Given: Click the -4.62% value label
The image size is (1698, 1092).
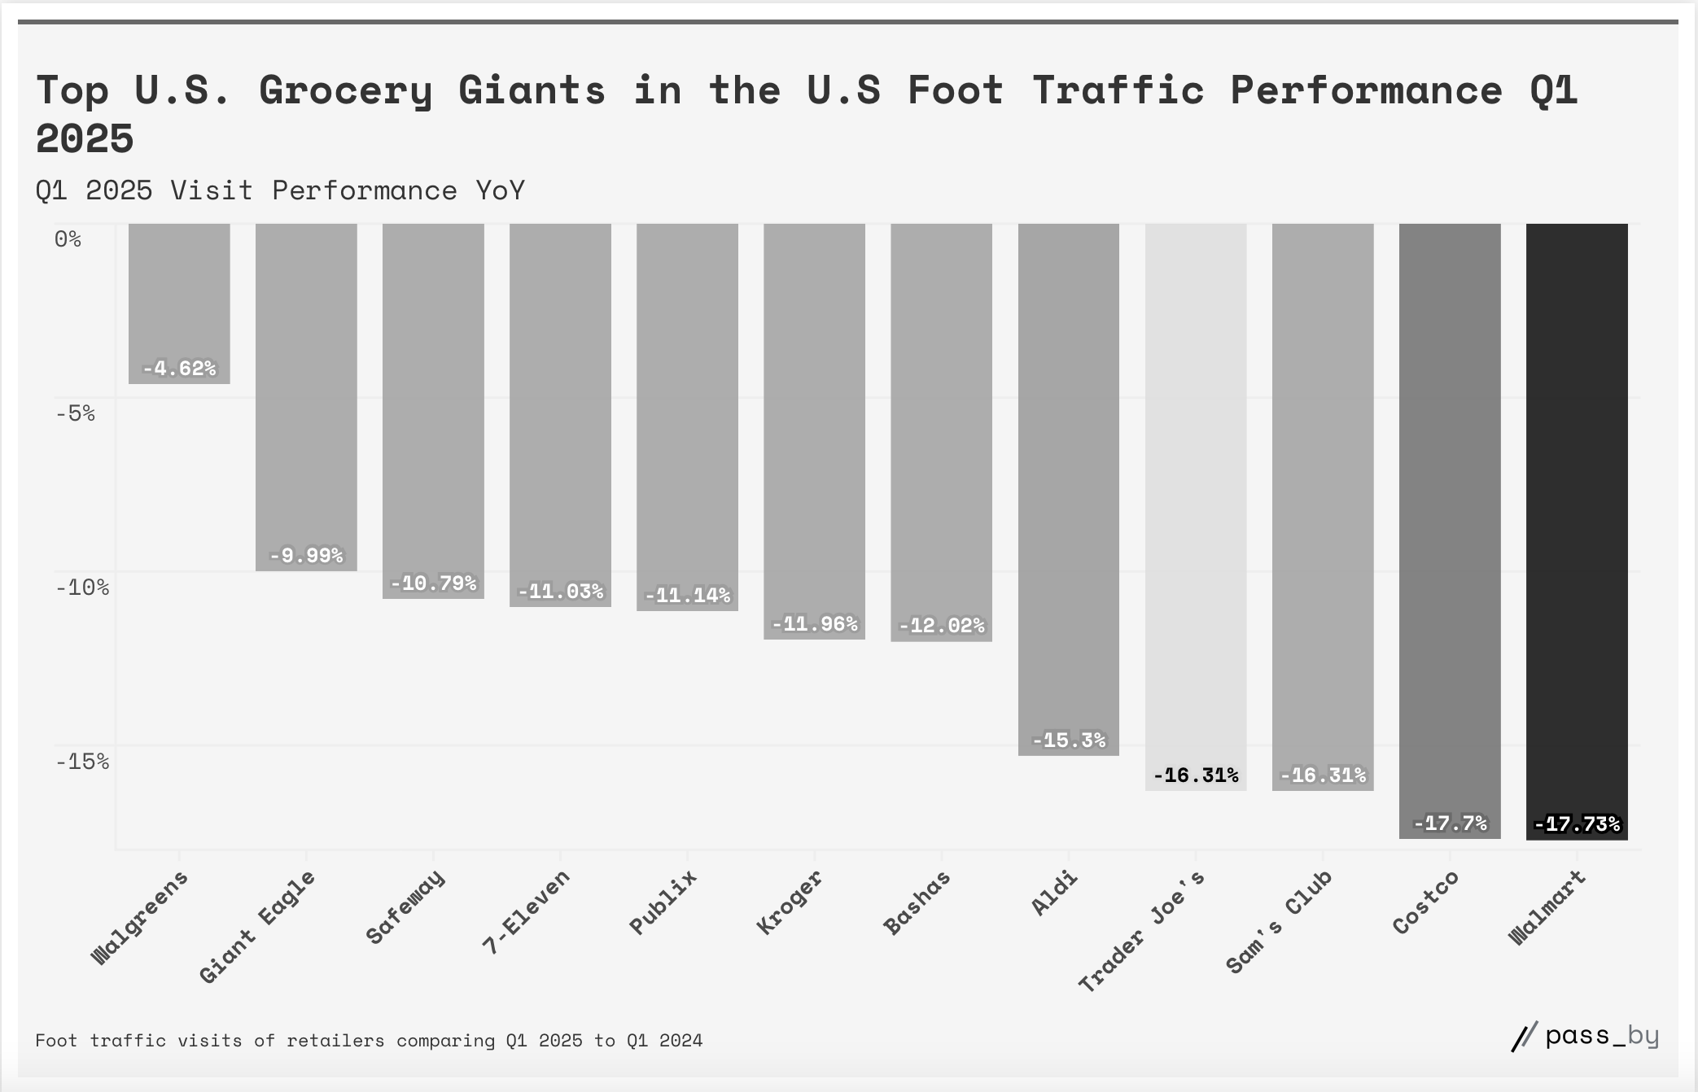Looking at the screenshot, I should point(179,369).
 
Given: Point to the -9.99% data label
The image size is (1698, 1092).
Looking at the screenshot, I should point(306,556).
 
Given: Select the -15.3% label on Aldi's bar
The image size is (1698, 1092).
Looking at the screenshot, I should point(1069,740).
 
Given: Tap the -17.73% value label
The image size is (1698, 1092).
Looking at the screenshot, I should point(1577,824).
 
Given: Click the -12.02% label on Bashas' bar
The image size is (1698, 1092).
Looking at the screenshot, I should point(942,626).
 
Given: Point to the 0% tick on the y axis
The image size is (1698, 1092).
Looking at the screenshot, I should point(68,239).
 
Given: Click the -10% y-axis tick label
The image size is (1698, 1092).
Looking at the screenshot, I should point(81,587).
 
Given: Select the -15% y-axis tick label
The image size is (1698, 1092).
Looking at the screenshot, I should point(81,762).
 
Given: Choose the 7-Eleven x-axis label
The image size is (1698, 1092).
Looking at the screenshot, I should point(527,911).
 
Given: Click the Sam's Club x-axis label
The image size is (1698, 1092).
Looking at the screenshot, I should point(1279,921).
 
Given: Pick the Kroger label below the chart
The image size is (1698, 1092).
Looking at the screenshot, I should point(790,902).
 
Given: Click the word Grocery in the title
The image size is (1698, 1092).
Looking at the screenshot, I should point(346,90).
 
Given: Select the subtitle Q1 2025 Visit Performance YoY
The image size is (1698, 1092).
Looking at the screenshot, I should point(280,190).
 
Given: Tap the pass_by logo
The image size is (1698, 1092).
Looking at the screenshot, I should point(1585,1037).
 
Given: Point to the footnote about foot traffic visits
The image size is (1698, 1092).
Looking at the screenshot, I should point(369,1041).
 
